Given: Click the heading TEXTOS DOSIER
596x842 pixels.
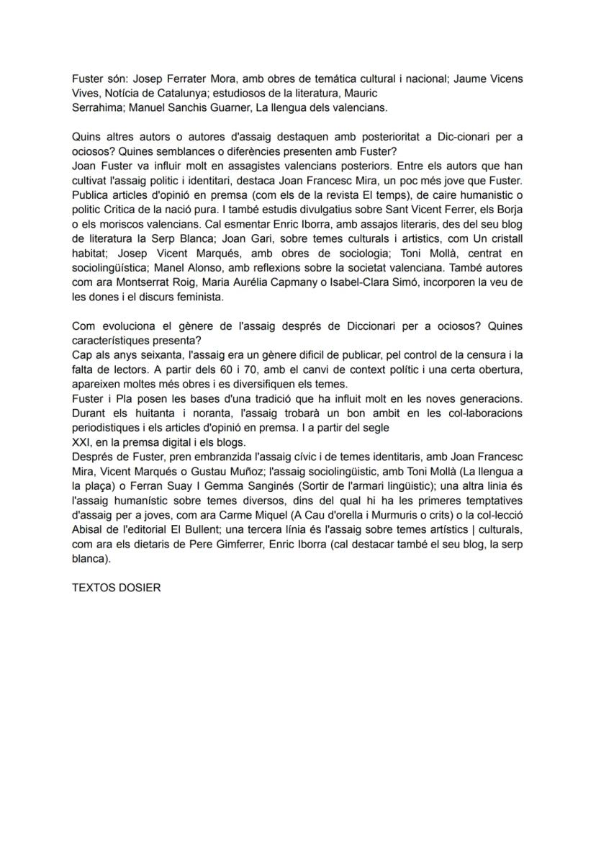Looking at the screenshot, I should (x=116, y=588).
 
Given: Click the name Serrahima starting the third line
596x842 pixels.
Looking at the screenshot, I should (x=97, y=108).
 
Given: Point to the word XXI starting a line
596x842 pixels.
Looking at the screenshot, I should (x=81, y=442).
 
